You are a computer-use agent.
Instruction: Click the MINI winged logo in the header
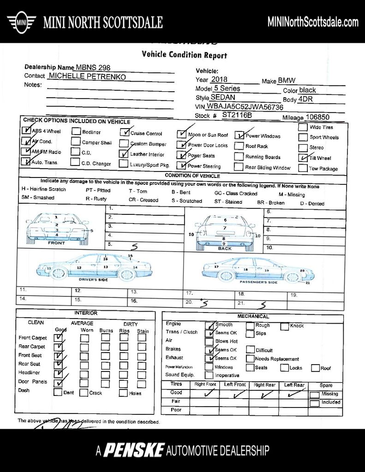tap(21, 22)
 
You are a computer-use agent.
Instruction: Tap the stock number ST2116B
tap(237, 115)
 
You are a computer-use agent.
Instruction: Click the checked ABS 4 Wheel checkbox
tap(25, 130)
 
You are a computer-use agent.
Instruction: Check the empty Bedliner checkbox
tap(76, 131)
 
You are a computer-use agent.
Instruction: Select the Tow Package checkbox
tap(303, 168)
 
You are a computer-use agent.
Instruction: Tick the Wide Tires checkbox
tap(303, 127)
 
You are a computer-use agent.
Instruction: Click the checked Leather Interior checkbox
tap(123, 154)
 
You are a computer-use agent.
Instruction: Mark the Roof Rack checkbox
tap(238, 146)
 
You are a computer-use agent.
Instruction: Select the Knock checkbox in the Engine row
tap(284, 326)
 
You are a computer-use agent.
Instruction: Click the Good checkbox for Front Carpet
tap(59, 338)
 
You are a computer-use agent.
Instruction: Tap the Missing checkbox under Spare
tap(314, 395)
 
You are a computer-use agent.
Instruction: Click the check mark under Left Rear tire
tap(293, 394)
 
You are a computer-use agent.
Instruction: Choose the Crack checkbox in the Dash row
tap(84, 393)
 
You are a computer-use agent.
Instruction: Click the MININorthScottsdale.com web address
tap(313, 22)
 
